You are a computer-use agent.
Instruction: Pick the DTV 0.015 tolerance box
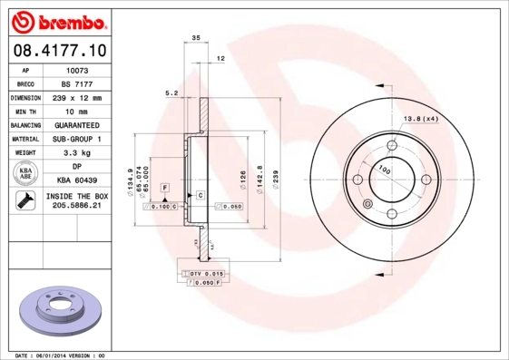click(207, 273)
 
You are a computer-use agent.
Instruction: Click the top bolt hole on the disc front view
click(392, 145)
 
